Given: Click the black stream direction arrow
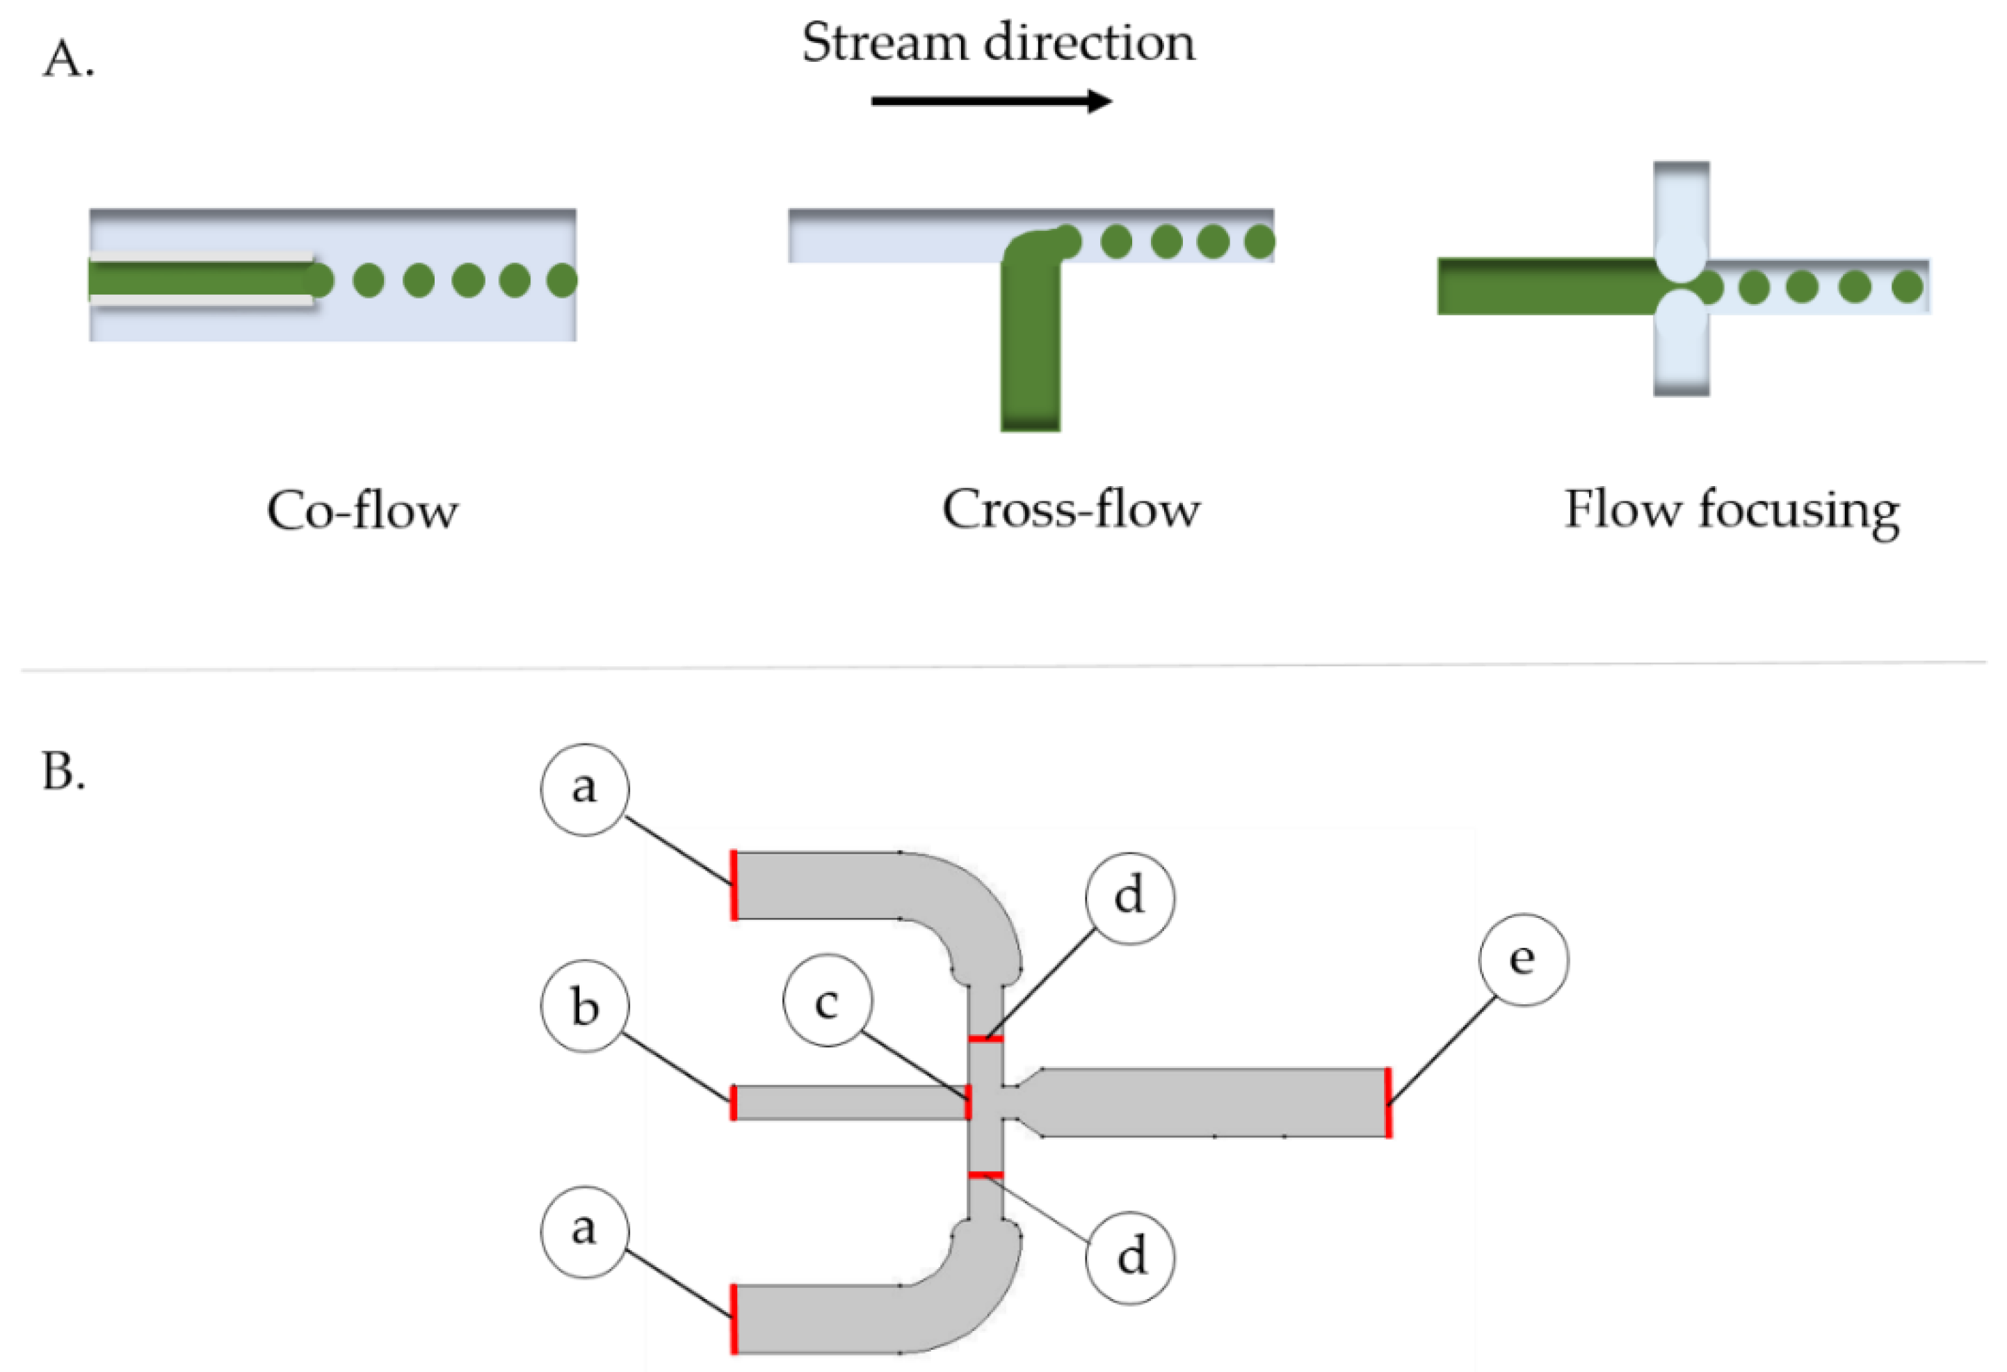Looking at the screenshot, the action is coord(992,101).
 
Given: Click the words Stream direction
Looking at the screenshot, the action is coord(999,42).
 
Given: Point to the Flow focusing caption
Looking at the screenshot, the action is coord(1732,511).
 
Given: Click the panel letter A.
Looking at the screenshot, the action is coord(68,60).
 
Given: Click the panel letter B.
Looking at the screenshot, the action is coord(64,771).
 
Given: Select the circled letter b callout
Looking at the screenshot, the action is coord(586,1006).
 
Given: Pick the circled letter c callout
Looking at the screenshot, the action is coord(828,1001).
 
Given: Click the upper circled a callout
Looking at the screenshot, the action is coord(585,789).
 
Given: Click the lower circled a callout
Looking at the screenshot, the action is coord(585,1232).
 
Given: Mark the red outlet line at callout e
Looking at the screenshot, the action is coord(1388,1103).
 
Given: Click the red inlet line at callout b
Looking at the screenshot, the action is coord(733,1103).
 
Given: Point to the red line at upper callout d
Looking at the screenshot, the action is coord(985,1039).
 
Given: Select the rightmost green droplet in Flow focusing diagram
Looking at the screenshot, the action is coord(1907,286).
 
